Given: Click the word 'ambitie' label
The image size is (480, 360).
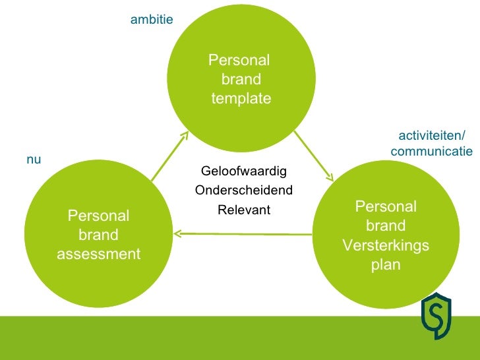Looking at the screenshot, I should pos(152,20).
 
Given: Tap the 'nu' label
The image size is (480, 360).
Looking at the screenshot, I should pos(34,160).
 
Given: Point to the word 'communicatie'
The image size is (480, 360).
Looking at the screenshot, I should pos(431,152).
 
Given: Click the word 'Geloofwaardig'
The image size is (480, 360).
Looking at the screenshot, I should pos(244,171).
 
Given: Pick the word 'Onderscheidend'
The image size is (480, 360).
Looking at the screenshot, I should pos(244,191).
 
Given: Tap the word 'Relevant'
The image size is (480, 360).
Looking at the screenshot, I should pos(244,210).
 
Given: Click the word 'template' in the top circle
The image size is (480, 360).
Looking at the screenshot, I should pos(241,99).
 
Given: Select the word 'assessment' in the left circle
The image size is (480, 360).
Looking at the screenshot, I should pos(99,254).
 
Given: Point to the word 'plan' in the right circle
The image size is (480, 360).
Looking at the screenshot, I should pos(386,265).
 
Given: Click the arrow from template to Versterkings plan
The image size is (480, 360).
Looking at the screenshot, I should pos(313,156).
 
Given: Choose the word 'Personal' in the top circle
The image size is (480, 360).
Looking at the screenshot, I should pos(239,61).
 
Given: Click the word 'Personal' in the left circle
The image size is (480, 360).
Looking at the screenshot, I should pos(99,216).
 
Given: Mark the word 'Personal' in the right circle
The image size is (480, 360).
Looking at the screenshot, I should pos(386,206).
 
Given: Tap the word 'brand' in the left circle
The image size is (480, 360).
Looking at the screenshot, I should pos(99,235).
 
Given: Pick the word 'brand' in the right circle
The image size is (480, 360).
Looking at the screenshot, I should pos(386,226).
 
